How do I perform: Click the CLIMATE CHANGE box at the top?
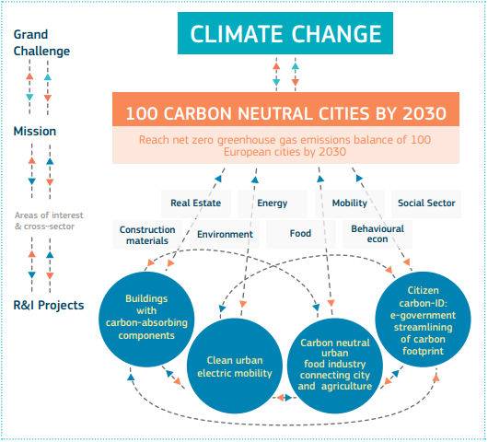coord(285,33)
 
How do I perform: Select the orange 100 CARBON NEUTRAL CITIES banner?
coord(285,110)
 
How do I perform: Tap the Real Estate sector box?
coord(196,204)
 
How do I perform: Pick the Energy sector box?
coord(273,204)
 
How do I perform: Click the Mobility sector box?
coord(350,204)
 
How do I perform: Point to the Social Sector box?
coord(426,204)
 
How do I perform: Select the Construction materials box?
coord(147,234)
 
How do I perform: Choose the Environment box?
coord(225,234)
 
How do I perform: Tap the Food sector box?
coord(301,234)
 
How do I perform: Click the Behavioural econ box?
coord(378,234)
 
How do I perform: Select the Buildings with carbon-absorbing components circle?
coord(146,320)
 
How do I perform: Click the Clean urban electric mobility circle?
coord(235,366)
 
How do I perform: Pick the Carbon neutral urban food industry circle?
coord(335,366)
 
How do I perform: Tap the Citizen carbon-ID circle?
coord(423,320)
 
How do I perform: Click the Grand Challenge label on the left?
coord(41,42)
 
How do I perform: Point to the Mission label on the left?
coord(35,131)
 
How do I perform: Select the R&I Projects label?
coord(49,305)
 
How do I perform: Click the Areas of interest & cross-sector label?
coord(49,221)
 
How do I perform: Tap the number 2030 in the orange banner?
coord(424,113)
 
